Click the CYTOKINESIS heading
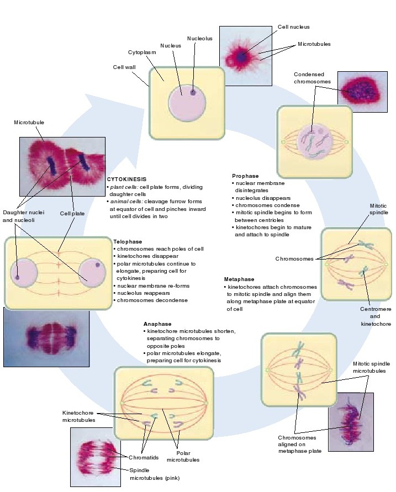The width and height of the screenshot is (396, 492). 126,179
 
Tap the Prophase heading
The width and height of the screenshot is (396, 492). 246,176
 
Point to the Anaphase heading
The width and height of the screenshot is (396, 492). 157,324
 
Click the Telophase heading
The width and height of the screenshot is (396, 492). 128,241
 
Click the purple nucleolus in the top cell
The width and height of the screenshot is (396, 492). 193,92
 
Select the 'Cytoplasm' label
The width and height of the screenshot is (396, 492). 142,52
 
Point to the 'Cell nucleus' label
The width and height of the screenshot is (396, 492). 293,27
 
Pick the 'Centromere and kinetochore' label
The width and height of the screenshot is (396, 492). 376,317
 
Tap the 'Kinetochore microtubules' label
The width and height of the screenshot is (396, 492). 78,416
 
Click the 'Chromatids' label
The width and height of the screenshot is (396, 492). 143,457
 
